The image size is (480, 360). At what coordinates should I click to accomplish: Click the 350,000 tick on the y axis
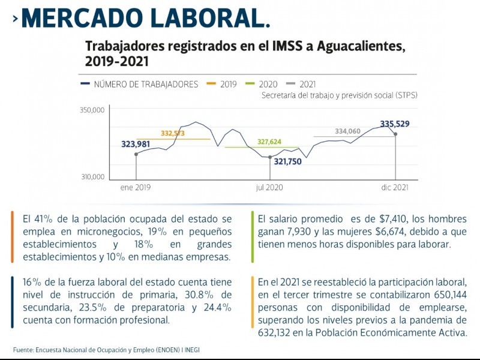point(92,110)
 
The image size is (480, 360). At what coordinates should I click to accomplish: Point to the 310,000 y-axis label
point(92,177)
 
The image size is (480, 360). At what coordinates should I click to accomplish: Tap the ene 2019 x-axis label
point(136,187)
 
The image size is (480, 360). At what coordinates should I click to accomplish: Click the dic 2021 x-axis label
point(395,187)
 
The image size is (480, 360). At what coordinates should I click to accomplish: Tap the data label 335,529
point(395,124)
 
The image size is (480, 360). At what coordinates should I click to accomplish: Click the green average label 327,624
point(269,142)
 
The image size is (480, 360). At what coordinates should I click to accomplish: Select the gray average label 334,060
point(347,131)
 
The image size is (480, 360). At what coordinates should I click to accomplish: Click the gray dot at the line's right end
point(395,134)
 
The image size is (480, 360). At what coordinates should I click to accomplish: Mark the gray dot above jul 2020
point(270,157)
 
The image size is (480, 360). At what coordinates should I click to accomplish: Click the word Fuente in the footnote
point(23,349)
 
